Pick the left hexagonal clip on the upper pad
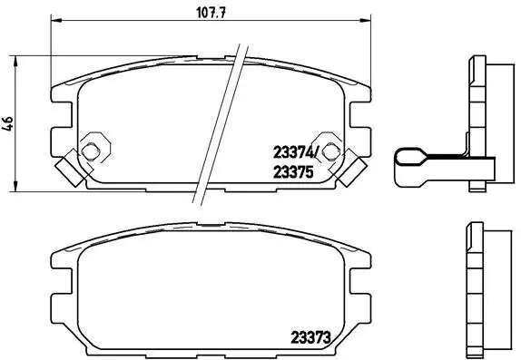(x=93, y=149)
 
